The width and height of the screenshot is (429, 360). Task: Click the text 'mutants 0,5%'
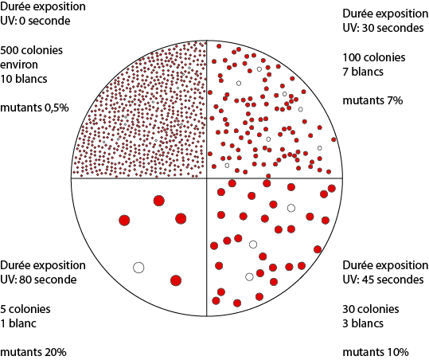click(x=34, y=108)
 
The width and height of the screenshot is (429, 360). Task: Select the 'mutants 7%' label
click(x=372, y=100)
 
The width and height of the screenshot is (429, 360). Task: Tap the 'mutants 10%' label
click(x=376, y=352)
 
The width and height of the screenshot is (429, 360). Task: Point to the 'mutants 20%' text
click(x=33, y=352)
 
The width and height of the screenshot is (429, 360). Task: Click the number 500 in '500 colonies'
click(x=9, y=50)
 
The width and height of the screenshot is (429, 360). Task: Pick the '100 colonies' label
click(x=374, y=57)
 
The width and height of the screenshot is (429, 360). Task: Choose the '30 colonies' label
click(x=371, y=309)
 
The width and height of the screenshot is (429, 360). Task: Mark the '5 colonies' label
click(x=25, y=309)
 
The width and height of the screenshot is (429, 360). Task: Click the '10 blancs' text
click(x=24, y=79)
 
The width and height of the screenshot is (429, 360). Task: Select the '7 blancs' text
click(x=363, y=72)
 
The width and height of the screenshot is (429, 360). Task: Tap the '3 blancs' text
click(x=363, y=323)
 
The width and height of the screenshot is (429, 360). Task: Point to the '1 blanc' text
click(x=18, y=323)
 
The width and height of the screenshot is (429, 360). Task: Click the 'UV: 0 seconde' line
click(x=35, y=21)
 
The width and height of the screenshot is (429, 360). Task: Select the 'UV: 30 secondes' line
click(x=383, y=28)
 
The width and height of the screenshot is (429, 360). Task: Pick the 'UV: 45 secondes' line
click(x=383, y=280)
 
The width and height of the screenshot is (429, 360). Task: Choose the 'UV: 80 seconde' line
click(x=38, y=280)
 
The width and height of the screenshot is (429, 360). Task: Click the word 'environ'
click(x=19, y=65)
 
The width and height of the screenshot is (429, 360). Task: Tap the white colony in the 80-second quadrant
click(x=138, y=268)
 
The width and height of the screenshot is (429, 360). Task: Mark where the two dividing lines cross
click(x=207, y=178)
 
